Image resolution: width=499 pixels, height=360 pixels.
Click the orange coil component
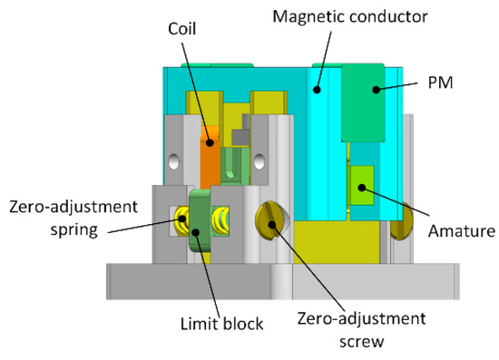[x=210, y=160]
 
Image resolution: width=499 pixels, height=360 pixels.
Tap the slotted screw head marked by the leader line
[x=269, y=219]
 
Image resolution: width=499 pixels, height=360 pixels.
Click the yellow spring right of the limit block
[x=219, y=219]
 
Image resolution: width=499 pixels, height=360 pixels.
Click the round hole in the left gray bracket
[x=172, y=163]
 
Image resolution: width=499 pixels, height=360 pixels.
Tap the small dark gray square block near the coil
[x=240, y=137]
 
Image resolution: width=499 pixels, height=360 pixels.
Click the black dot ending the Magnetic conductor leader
[x=318, y=89]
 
